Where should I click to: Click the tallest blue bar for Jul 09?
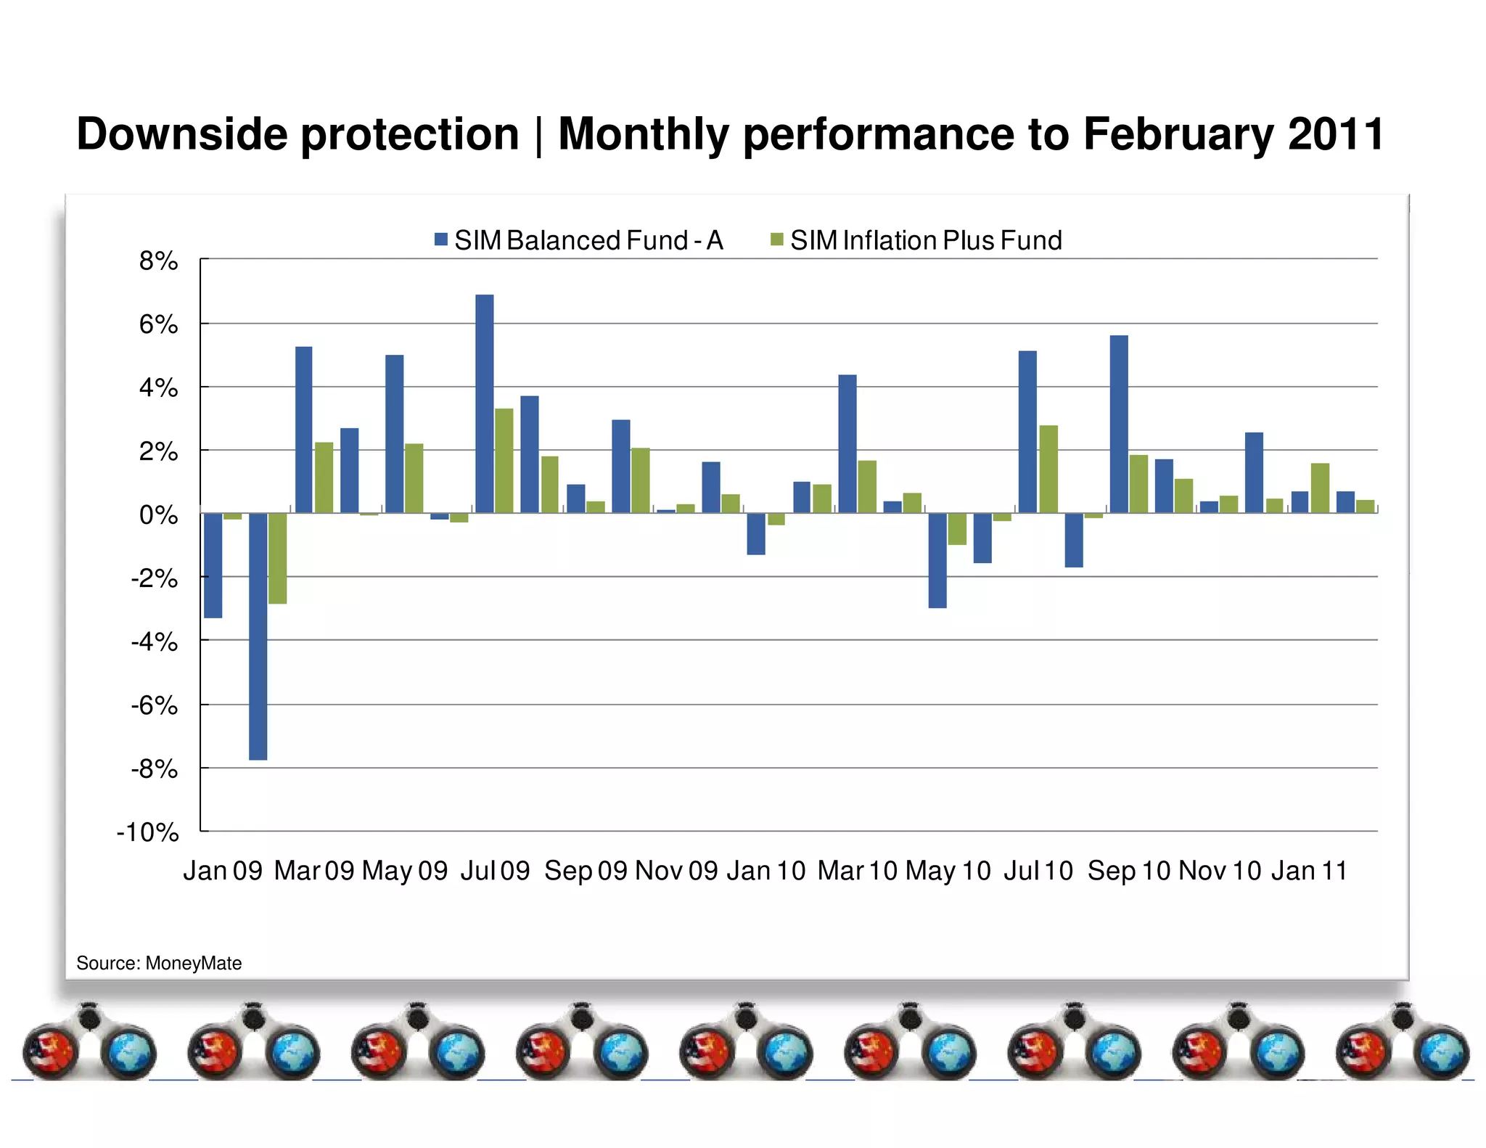click(x=484, y=403)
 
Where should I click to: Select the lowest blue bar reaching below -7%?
click(x=258, y=636)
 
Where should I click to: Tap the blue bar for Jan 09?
click(x=213, y=565)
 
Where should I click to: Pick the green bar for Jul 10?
click(x=1048, y=469)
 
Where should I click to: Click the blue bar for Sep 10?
click(x=1118, y=424)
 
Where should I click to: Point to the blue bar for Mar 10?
click(x=847, y=443)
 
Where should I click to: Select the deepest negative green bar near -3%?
click(x=277, y=558)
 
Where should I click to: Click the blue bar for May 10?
click(x=937, y=560)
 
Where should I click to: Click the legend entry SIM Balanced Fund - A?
click(x=579, y=240)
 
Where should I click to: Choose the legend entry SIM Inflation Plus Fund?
click(x=916, y=240)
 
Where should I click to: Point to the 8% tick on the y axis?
click(x=158, y=261)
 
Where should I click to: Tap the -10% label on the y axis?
click(x=148, y=832)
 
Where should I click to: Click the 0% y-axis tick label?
click(x=158, y=515)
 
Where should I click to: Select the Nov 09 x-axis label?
click(x=676, y=870)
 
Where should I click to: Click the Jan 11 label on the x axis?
click(x=1309, y=870)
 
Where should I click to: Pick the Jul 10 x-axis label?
click(x=1038, y=870)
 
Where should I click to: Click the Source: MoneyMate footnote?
click(x=159, y=963)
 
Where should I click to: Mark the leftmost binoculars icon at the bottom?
click(x=89, y=1042)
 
